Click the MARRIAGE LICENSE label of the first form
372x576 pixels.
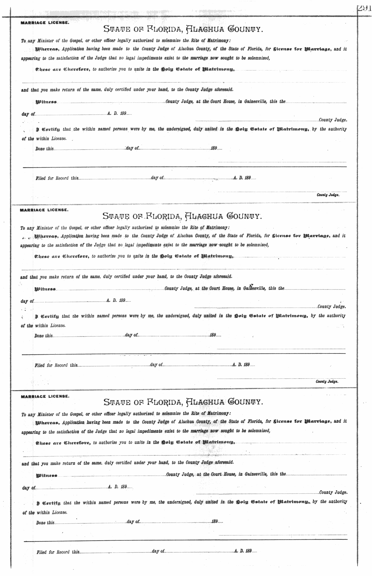pyautogui.click(x=45, y=23)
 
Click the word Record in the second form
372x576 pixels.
pyautogui.click(x=61, y=365)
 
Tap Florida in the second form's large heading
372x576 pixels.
pyautogui.click(x=161, y=215)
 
